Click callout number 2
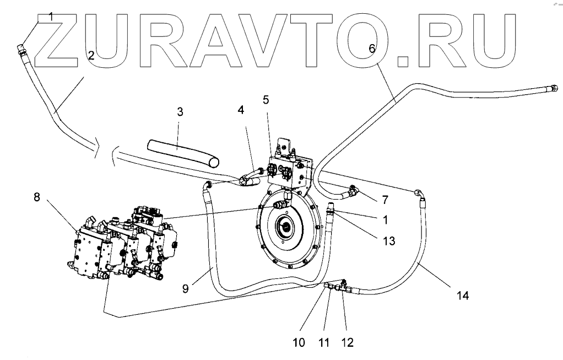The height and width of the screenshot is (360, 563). point(91,55)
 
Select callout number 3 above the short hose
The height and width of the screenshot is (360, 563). point(180,111)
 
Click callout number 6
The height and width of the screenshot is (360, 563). point(372,48)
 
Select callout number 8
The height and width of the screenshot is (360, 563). point(37,197)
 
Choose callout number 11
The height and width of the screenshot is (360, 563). point(324,343)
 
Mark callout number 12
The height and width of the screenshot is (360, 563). point(348,343)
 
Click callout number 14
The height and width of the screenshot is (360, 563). point(463,295)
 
